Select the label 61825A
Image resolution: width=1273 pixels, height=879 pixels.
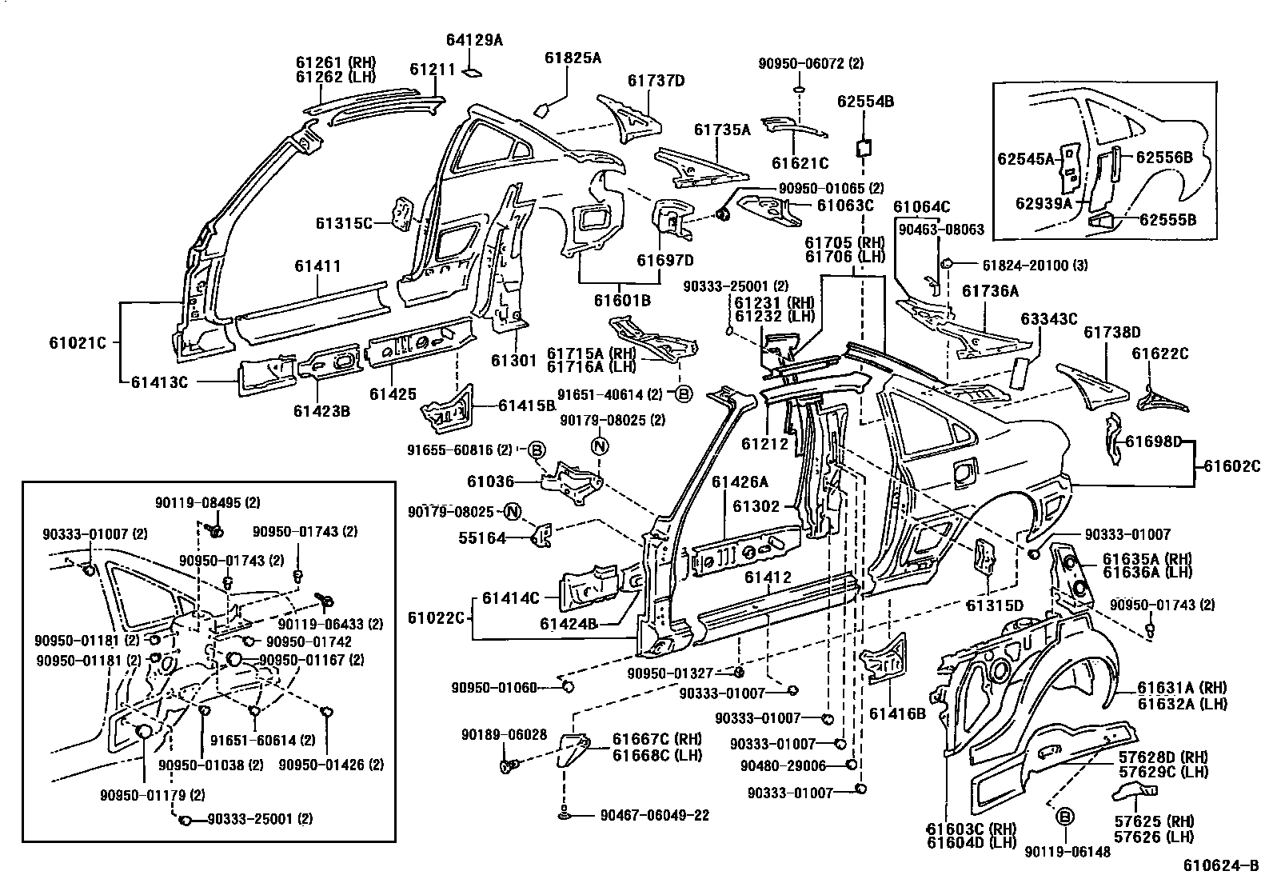point(573,58)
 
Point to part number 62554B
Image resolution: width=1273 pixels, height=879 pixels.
point(865,102)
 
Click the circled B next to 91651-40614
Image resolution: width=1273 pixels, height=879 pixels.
point(684,393)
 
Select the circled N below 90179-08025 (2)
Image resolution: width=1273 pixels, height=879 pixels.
point(600,445)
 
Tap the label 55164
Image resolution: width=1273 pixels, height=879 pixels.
point(482,538)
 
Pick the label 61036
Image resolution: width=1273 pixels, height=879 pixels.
point(490,481)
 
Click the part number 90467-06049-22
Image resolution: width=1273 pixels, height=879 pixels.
point(654,816)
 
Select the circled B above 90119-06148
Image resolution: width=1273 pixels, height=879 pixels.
point(1064,817)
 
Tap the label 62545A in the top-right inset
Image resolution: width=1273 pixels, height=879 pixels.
point(1025,158)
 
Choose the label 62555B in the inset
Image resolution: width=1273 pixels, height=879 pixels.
point(1167,219)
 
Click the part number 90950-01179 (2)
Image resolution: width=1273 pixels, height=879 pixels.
point(153,794)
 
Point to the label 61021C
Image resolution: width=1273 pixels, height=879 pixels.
point(78,343)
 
